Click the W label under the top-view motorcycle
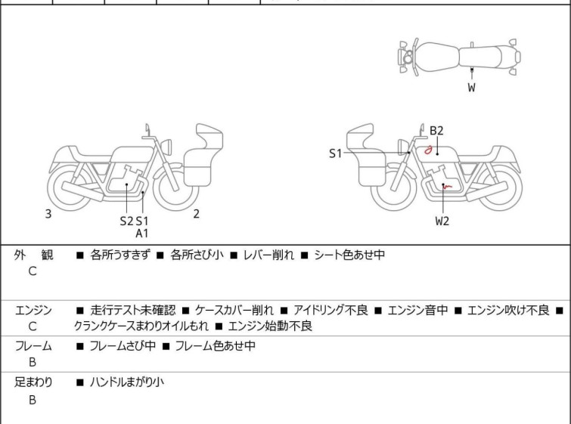471,88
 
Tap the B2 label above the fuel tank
436,131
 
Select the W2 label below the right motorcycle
442,221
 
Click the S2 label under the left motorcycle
126,221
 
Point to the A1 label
142,234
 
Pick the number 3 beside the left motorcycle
48,214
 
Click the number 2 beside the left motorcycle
196,214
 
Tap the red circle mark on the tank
428,150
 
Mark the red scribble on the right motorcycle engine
446,186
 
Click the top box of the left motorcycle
209,138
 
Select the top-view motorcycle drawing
459,56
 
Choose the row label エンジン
33,310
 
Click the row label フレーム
33,346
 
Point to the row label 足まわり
33,382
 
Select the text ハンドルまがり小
126,382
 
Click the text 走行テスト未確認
132,310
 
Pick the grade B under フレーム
33,363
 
